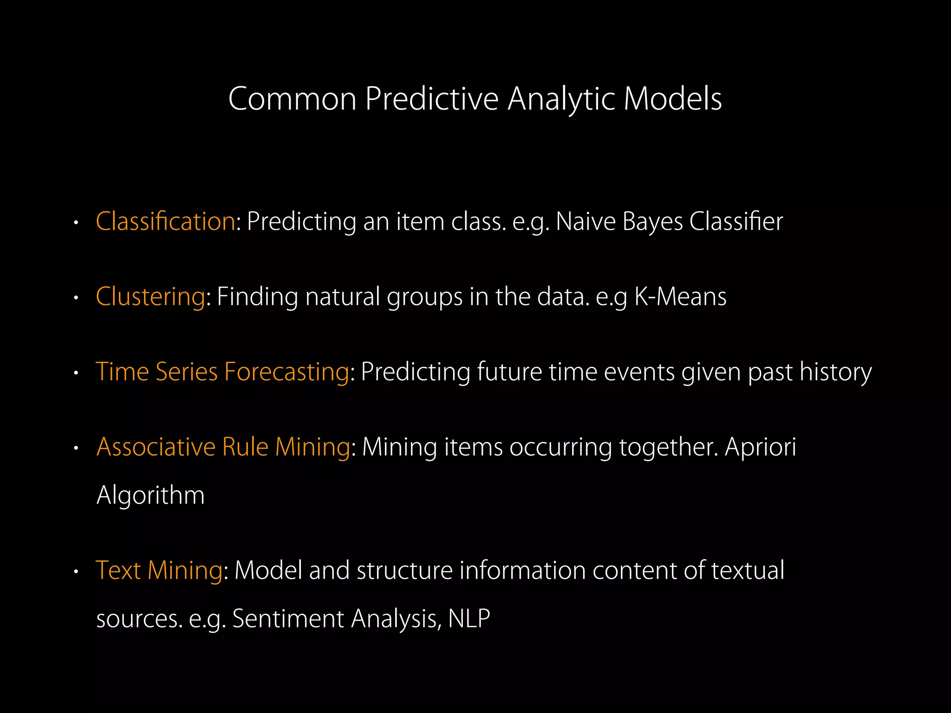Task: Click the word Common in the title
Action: pos(292,99)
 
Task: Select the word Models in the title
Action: pos(673,99)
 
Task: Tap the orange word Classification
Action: pos(165,221)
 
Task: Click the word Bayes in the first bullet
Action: pos(652,221)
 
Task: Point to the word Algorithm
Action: pos(150,495)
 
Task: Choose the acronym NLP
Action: pos(469,618)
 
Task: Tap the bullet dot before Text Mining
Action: pos(76,572)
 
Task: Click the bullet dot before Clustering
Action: pos(76,298)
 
